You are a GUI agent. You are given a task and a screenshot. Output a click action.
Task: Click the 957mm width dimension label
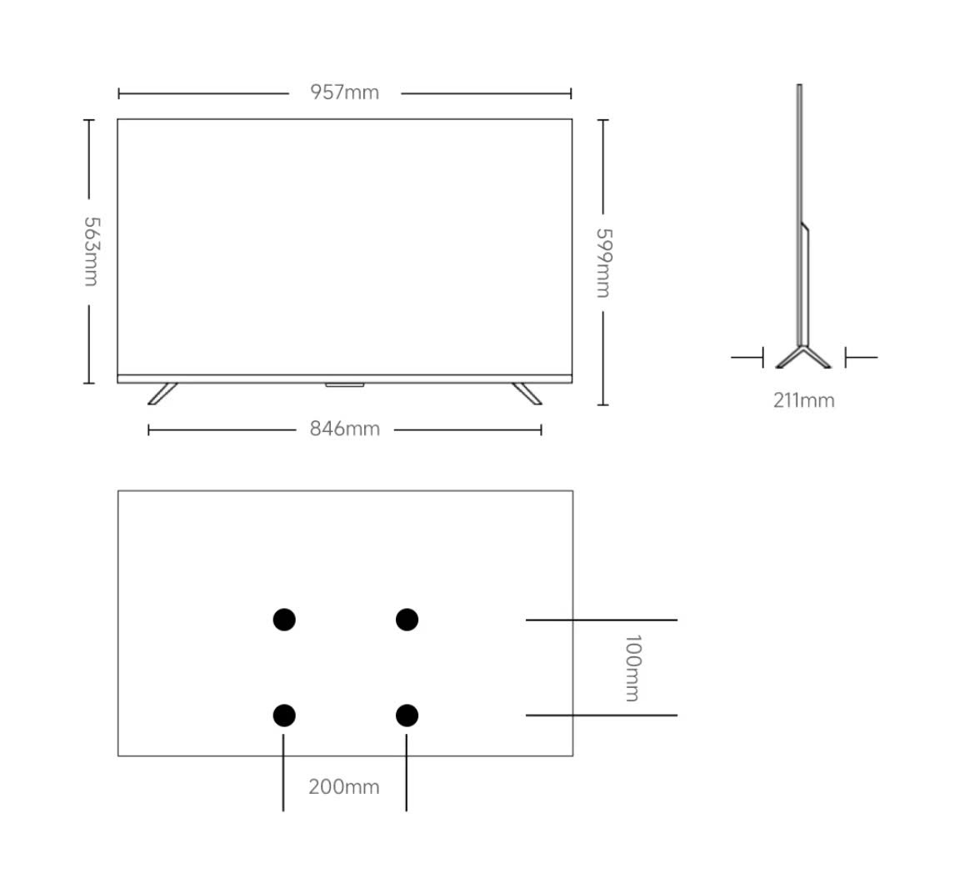click(x=344, y=93)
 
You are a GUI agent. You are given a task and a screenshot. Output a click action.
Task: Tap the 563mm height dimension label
click(x=92, y=251)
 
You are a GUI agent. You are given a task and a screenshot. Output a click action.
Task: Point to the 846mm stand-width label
click(x=344, y=429)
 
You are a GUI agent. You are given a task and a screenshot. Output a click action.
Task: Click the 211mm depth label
click(x=804, y=400)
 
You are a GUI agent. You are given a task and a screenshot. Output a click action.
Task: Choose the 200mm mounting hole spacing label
click(x=344, y=787)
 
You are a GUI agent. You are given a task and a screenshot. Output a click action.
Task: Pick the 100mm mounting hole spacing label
click(x=632, y=668)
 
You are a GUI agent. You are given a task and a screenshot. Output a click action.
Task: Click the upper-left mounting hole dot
click(x=284, y=620)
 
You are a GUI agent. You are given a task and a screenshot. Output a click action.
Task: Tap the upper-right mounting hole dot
click(x=407, y=620)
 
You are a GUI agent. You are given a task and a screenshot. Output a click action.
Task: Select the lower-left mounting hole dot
click(x=284, y=716)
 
